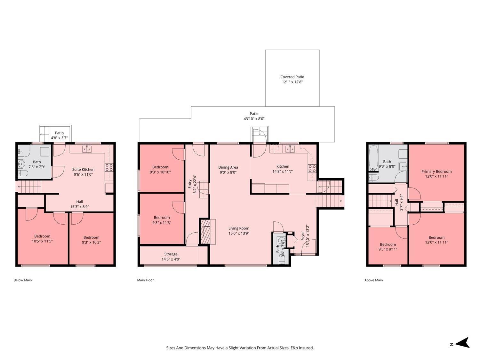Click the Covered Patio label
(292, 77)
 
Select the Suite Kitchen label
(83, 169)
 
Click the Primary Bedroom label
(436, 172)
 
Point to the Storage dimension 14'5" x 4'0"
(171, 259)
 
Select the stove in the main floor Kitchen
(312, 169)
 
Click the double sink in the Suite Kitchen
(86, 149)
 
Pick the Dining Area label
(228, 167)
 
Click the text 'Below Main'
(22, 280)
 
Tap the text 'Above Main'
(373, 280)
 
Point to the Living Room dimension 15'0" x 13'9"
(239, 233)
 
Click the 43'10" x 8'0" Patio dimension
(254, 119)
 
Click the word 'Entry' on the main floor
(189, 183)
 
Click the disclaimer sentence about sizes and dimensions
(240, 348)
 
